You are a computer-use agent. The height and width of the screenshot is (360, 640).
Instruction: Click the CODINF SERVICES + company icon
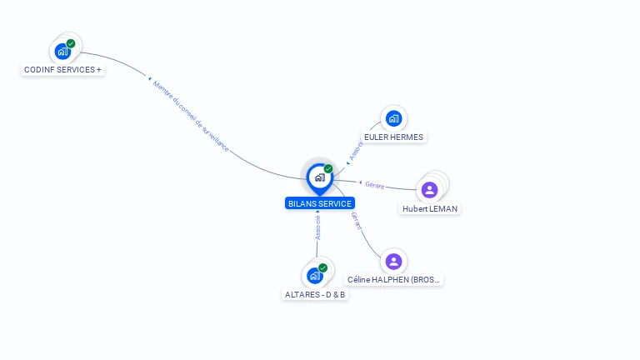point(62,52)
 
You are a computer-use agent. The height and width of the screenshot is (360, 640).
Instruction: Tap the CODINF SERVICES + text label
point(62,69)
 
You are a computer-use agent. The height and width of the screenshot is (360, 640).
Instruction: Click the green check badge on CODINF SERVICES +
point(71,43)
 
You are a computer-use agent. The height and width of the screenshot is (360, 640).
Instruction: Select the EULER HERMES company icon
point(393,118)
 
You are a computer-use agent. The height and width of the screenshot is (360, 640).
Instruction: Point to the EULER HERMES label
point(393,137)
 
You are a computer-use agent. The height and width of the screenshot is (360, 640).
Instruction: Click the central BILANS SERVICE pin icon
point(319,177)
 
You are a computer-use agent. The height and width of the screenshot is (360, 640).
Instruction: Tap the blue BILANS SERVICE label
point(320,203)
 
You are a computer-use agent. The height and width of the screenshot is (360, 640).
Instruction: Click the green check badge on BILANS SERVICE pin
point(328,168)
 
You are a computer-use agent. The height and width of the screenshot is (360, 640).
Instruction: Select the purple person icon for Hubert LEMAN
point(429,189)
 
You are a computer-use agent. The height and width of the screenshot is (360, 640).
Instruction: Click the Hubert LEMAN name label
point(430,208)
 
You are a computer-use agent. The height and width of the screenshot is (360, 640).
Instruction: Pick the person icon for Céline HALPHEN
point(393,262)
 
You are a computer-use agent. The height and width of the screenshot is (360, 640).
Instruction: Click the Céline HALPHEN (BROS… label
point(394,280)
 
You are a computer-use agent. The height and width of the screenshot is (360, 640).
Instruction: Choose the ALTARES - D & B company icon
point(314,276)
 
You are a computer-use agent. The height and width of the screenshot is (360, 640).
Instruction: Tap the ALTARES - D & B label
point(315,294)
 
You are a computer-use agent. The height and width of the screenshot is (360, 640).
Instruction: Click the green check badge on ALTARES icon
point(322,267)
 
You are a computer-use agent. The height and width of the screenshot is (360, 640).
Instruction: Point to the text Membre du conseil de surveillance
point(191,116)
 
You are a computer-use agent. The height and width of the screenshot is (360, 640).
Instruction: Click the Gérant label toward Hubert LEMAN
point(374,184)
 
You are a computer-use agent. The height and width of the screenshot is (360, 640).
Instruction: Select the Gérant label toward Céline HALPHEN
point(356,221)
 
